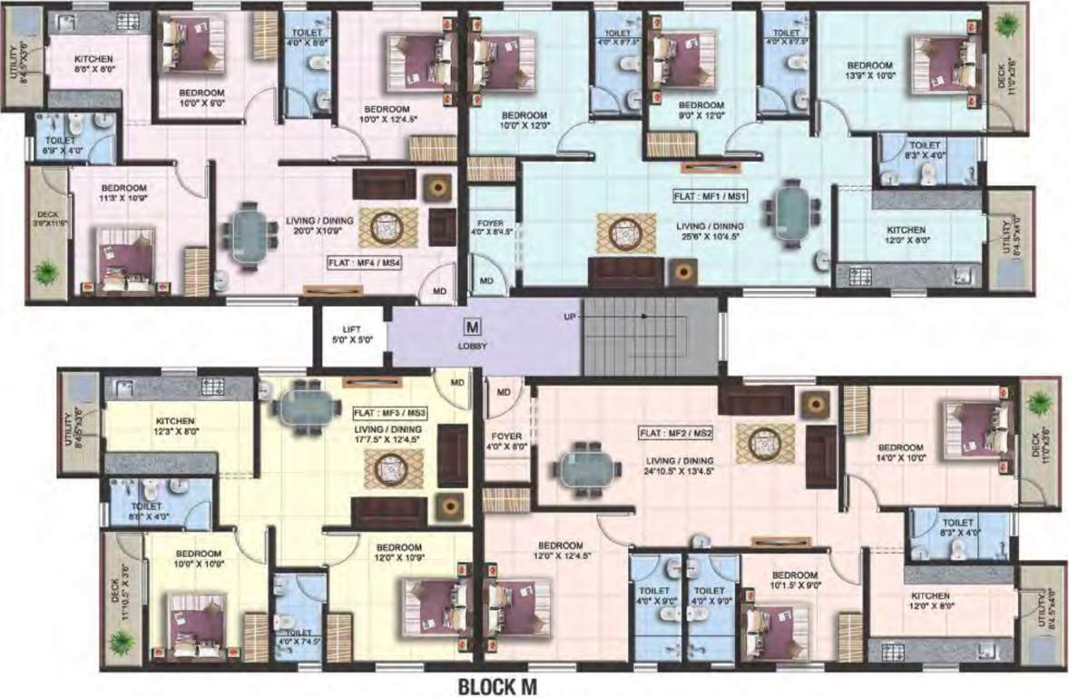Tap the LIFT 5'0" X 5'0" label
[x=351, y=335]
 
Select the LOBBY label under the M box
[x=472, y=345]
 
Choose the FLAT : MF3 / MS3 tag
[x=389, y=412]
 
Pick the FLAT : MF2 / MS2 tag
[x=675, y=432]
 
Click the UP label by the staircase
[x=570, y=317]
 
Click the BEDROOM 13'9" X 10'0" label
[x=869, y=71]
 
